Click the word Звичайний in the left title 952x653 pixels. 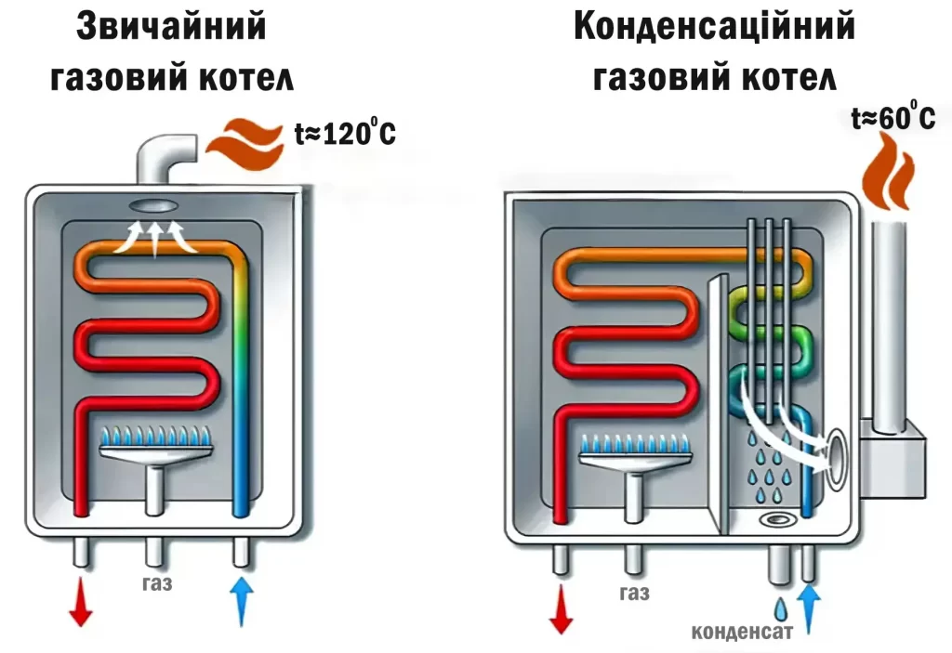pyautogui.click(x=171, y=28)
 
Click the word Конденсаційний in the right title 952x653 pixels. pyautogui.click(x=714, y=28)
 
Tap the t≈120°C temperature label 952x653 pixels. pyautogui.click(x=345, y=134)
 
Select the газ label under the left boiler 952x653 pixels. pyautogui.click(x=158, y=584)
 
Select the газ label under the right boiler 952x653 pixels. pyautogui.click(x=634, y=594)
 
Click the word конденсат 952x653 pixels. pyautogui.click(x=741, y=633)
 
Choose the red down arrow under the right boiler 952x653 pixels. pyautogui.click(x=561, y=610)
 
